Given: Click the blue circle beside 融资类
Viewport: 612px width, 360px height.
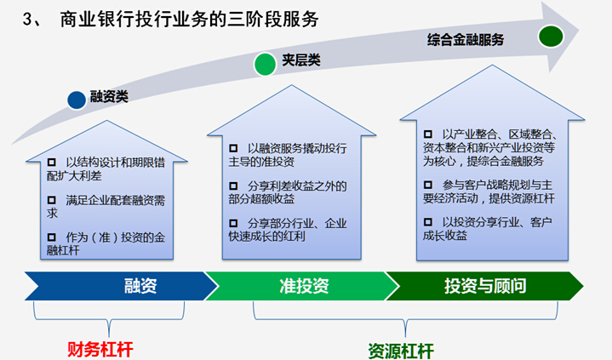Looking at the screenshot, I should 77,100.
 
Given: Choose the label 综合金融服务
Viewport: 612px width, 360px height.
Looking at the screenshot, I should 466,39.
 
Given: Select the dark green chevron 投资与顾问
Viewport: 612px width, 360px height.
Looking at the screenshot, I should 485,286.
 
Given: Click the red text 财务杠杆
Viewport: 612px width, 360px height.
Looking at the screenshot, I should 100,348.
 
